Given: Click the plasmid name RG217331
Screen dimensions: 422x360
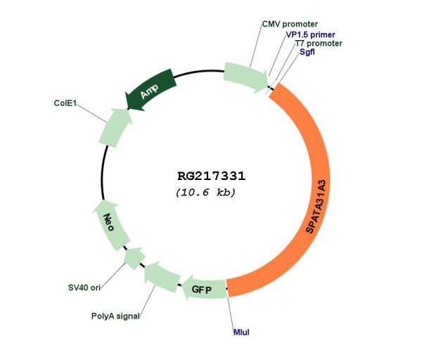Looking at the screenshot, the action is pyautogui.click(x=211, y=176).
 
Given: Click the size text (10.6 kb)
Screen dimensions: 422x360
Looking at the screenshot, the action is pyautogui.click(x=205, y=192).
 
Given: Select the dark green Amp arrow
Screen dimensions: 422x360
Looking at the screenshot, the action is pyautogui.click(x=151, y=89).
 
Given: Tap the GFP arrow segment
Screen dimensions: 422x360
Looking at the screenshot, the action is pyautogui.click(x=203, y=289).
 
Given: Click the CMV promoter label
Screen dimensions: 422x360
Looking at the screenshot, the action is pyautogui.click(x=290, y=24).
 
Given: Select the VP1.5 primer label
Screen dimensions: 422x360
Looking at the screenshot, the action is pyautogui.click(x=310, y=34).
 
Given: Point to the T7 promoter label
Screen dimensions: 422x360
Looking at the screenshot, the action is pyautogui.click(x=319, y=44).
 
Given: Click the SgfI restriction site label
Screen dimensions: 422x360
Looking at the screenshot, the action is pyautogui.click(x=307, y=52).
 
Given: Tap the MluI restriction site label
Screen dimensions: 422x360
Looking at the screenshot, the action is pyautogui.click(x=241, y=333).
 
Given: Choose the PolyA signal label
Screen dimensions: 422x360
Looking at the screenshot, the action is pyautogui.click(x=115, y=316).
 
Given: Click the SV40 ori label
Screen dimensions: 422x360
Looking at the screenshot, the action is pyautogui.click(x=84, y=288).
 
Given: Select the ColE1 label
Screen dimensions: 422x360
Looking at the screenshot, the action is pyautogui.click(x=65, y=103).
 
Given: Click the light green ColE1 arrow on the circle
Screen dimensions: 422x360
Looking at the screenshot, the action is pyautogui.click(x=115, y=128).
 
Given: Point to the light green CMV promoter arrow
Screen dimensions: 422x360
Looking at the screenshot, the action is pyautogui.click(x=245, y=77).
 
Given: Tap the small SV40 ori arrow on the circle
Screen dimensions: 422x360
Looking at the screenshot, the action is pyautogui.click(x=135, y=258).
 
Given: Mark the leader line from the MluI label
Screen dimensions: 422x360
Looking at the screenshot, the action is pyautogui.click(x=231, y=312).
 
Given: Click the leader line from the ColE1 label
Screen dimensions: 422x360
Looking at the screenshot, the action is pyautogui.click(x=91, y=113).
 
